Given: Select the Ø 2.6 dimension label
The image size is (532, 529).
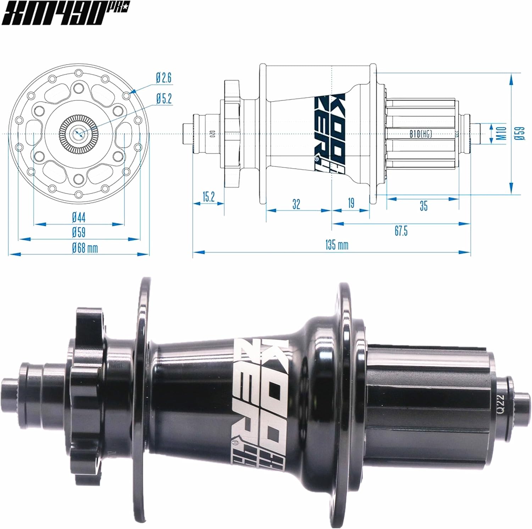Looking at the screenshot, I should click(164, 78).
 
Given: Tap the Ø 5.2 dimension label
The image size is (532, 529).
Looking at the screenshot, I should click(164, 99).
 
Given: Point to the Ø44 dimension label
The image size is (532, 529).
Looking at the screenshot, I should click(79, 216).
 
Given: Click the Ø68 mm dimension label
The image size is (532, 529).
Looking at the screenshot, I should click(85, 248).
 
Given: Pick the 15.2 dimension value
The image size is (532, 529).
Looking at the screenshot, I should click(209, 197).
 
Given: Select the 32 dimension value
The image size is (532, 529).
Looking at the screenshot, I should click(296, 204).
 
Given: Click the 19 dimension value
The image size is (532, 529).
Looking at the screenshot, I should click(351, 203).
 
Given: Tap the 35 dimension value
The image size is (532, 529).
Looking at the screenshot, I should click(423, 206).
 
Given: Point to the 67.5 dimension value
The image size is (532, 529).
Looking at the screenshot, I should click(401, 231).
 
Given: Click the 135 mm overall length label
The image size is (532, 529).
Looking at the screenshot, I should click(336, 245).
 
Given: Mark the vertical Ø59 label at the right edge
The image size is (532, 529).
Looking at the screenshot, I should click(521, 134).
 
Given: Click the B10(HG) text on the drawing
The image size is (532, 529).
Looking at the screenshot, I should click(421, 134).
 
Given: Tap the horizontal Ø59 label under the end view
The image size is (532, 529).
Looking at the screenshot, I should click(79, 232).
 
